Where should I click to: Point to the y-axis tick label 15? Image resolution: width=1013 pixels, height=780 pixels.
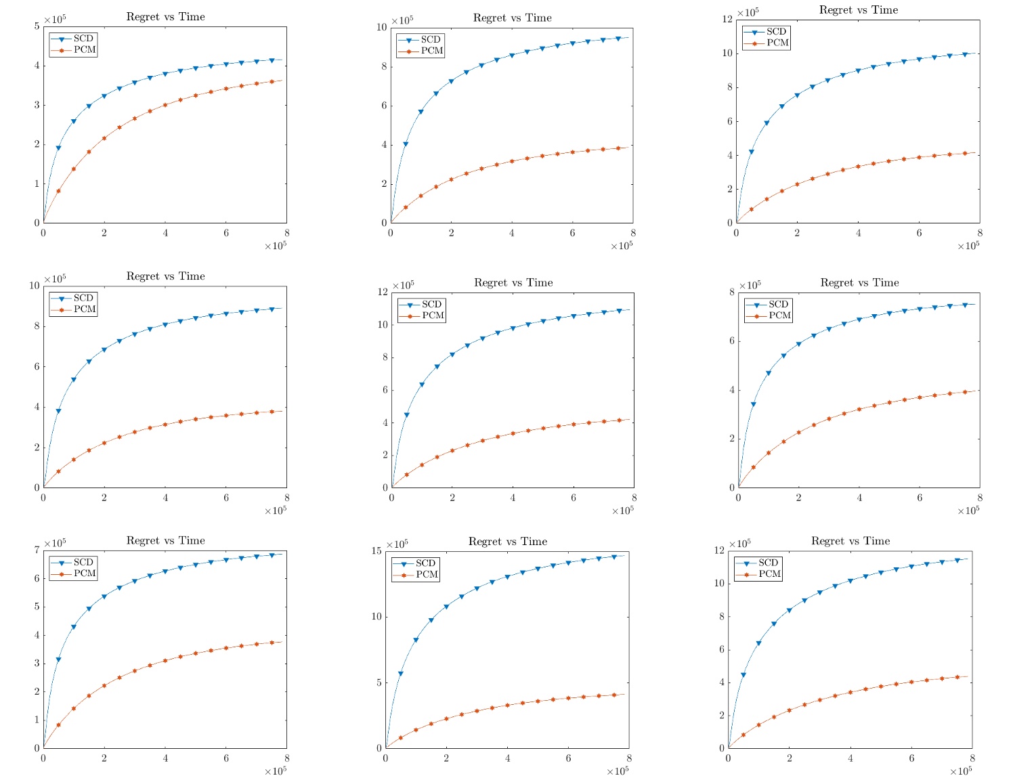pyautogui.click(x=376, y=551)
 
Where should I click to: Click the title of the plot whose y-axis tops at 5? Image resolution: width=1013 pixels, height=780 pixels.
pyautogui.click(x=165, y=17)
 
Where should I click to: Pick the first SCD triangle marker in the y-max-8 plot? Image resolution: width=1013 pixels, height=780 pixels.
pyautogui.click(x=753, y=405)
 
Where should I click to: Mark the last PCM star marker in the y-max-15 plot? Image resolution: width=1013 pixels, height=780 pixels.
pyautogui.click(x=614, y=695)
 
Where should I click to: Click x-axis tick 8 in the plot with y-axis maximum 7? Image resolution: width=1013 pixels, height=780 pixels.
pyautogui.click(x=286, y=758)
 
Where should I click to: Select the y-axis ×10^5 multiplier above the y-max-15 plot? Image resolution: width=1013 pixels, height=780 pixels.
pyautogui.click(x=397, y=544)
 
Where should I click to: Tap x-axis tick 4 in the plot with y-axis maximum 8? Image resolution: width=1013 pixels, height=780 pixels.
pyautogui.click(x=859, y=498)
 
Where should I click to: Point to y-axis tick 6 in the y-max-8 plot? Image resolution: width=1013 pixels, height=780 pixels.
pyautogui.click(x=731, y=341)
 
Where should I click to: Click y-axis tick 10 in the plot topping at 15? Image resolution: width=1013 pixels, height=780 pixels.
pyautogui.click(x=376, y=617)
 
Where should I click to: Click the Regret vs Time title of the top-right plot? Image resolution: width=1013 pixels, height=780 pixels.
pyautogui.click(x=858, y=10)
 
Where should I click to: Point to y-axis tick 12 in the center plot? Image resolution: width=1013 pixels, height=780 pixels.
pyautogui.click(x=382, y=292)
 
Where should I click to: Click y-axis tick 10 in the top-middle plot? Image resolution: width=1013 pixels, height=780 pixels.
pyautogui.click(x=381, y=27)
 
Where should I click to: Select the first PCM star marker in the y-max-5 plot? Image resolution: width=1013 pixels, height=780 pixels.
pyautogui.click(x=58, y=191)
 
